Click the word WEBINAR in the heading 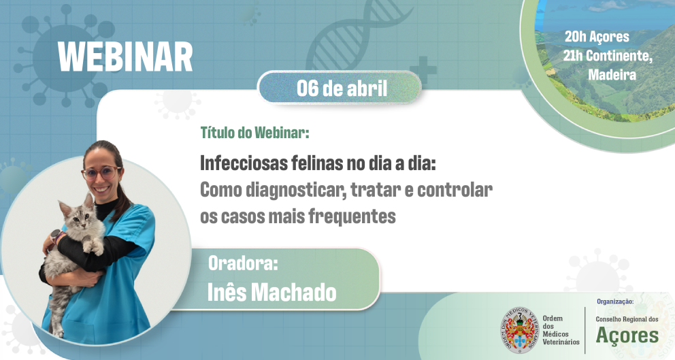[125, 57]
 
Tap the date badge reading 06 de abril [341, 88]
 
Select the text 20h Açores [597, 37]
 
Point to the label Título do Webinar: [254, 133]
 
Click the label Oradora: [243, 263]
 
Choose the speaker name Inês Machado [272, 292]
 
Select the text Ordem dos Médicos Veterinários [561, 330]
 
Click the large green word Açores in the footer [627, 336]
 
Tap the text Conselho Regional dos [627, 319]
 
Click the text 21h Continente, [608, 56]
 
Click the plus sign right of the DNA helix [423, 69]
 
